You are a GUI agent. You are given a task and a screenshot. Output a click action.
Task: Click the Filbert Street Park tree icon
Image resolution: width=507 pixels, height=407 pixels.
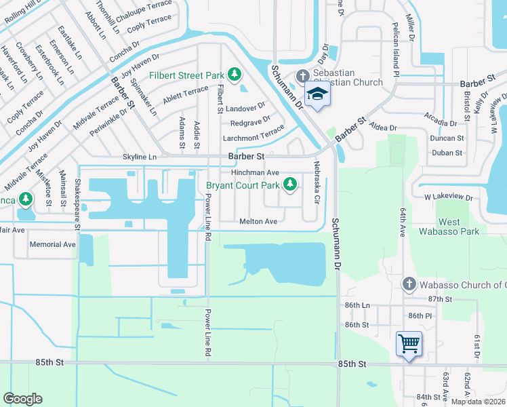(x=235, y=73)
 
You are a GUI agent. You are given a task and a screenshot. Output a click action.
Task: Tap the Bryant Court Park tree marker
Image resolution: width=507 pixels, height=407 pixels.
(x=290, y=184)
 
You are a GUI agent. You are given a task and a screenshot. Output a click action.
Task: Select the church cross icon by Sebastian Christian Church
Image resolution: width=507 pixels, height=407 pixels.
(x=302, y=77)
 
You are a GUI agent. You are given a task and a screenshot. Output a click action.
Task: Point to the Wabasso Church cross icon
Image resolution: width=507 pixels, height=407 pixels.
(x=408, y=284)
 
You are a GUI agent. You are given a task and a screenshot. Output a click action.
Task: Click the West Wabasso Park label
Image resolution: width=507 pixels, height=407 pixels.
(x=459, y=227)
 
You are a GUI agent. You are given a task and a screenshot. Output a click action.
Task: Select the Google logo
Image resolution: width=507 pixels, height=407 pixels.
(x=22, y=399)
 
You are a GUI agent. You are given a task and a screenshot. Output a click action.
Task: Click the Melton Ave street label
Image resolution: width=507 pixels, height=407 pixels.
(x=258, y=222)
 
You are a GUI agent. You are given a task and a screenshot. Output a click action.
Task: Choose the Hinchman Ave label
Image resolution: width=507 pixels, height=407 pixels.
(x=255, y=173)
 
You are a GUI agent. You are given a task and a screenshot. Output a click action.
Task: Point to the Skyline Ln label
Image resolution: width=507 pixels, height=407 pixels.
(x=139, y=157)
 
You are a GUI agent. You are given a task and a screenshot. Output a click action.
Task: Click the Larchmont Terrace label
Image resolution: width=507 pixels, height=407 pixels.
(x=254, y=138)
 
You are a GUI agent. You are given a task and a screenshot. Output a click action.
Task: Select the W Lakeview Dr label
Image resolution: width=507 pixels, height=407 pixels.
(x=447, y=197)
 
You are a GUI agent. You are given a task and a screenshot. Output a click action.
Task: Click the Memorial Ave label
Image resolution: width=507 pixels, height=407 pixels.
(x=53, y=244)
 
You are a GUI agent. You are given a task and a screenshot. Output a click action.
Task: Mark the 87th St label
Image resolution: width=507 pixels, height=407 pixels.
(x=439, y=298)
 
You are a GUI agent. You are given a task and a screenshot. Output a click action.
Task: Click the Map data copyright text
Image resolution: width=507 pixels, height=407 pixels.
(x=479, y=402)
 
